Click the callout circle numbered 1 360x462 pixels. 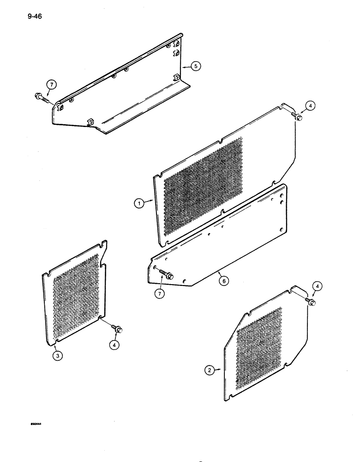[138, 202]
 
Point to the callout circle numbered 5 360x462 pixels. [196, 67]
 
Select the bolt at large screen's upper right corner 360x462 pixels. [298, 118]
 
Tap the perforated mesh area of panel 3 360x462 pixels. [76, 296]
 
